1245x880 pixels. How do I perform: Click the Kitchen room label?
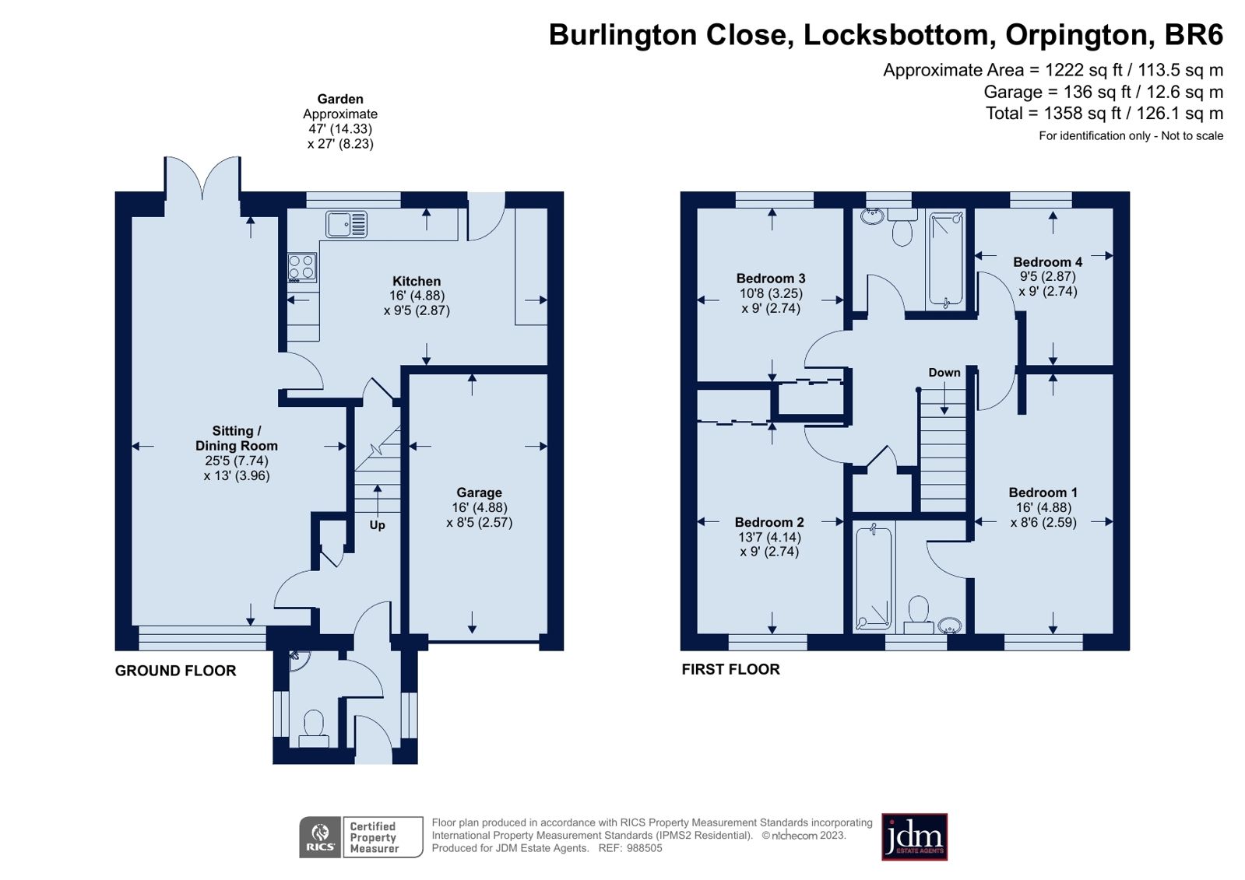[417, 282]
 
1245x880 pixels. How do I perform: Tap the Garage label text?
[479, 493]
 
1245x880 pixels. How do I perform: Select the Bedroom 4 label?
[1047, 262]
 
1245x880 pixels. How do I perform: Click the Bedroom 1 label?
[1043, 493]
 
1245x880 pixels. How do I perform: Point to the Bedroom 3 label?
[771, 279]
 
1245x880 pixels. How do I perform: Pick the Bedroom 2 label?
[769, 522]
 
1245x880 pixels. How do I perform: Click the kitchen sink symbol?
[346, 224]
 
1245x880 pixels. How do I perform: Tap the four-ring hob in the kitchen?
[302, 268]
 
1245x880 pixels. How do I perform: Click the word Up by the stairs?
[377, 525]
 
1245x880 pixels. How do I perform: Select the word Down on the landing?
[944, 373]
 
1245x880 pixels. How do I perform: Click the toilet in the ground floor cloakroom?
[314, 724]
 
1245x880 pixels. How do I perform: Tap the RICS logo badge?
[320, 836]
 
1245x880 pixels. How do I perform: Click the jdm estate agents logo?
[914, 837]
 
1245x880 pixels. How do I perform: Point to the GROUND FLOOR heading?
[175, 671]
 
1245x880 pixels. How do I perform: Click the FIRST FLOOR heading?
[730, 669]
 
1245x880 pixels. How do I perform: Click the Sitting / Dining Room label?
[237, 438]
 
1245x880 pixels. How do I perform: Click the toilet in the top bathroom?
[902, 232]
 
